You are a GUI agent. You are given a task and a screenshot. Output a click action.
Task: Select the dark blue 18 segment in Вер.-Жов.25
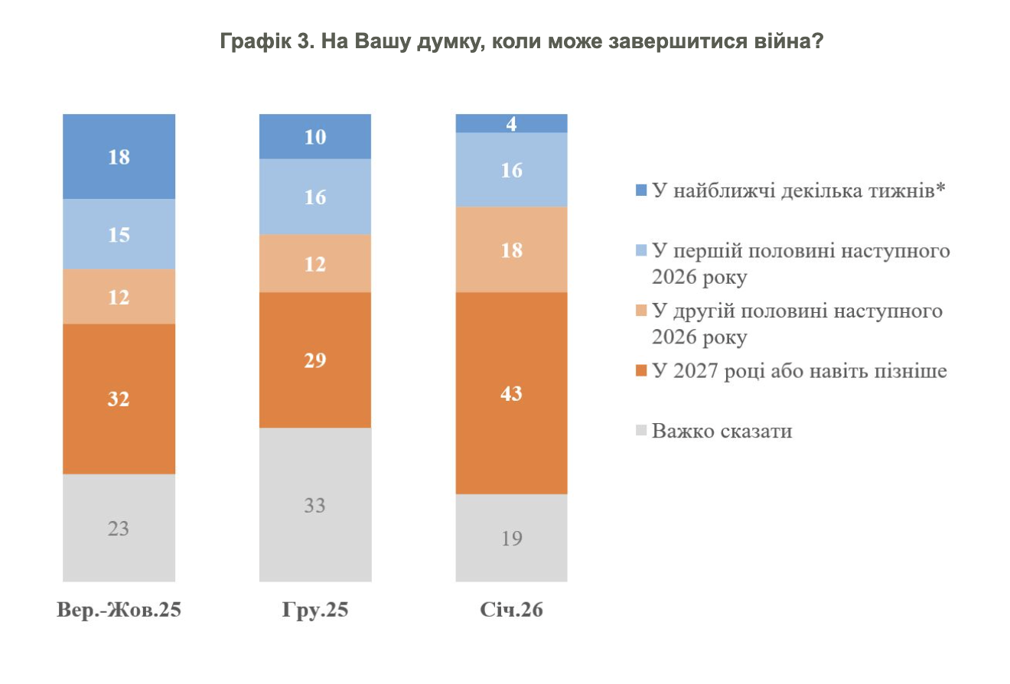[x=119, y=157]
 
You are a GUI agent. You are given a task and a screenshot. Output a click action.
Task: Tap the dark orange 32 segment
[x=119, y=399]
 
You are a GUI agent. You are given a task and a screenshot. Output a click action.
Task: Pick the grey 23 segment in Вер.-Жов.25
[x=119, y=528]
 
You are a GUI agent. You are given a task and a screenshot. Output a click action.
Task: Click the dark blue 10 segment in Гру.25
[x=315, y=137]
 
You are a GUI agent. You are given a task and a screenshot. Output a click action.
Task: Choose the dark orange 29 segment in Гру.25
[x=315, y=360]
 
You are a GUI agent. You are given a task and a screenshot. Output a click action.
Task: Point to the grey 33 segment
[x=315, y=505]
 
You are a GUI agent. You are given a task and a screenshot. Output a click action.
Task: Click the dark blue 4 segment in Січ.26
[x=511, y=123]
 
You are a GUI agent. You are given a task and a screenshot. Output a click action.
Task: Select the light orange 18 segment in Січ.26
[x=511, y=249]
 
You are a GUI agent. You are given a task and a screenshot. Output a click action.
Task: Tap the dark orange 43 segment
[x=511, y=393]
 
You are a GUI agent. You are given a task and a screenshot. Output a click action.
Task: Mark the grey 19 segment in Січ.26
[x=511, y=538]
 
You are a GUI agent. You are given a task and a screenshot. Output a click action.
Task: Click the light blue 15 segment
[x=119, y=234]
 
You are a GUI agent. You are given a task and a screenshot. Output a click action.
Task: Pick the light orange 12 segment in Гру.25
[x=315, y=263]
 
